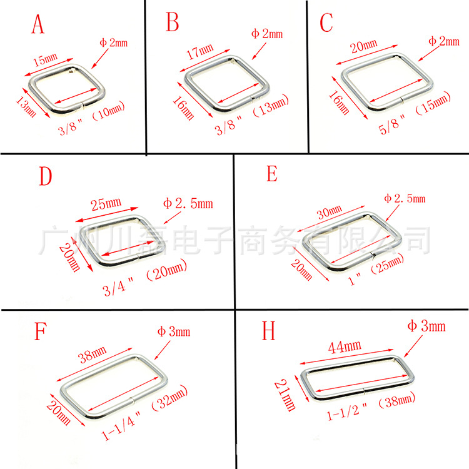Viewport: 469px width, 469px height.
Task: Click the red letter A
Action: pyautogui.click(x=38, y=24)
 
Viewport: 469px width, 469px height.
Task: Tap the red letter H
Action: pyautogui.click(x=268, y=331)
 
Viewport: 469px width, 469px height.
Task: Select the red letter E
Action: pyautogui.click(x=272, y=173)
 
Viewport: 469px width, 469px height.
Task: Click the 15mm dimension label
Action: pyautogui.click(x=45, y=60)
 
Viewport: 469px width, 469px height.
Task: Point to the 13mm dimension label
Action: pyautogui.click(x=26, y=107)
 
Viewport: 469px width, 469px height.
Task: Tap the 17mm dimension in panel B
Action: pyautogui.click(x=200, y=51)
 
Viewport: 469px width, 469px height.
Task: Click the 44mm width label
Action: pyautogui.click(x=345, y=347)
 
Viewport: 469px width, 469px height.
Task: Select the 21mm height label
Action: pyautogui.click(x=285, y=395)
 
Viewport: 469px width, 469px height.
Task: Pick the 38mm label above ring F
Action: pyautogui.click(x=92, y=355)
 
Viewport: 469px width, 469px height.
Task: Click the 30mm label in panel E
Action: pyautogui.click(x=330, y=212)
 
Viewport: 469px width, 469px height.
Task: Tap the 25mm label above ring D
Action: pyautogui.click(x=106, y=204)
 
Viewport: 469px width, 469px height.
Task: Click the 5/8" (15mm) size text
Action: pyautogui.click(x=415, y=113)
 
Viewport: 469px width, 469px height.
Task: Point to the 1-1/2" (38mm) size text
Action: pyautogui.click(x=371, y=406)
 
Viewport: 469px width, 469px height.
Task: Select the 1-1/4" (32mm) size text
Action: pyautogui.click(x=145, y=413)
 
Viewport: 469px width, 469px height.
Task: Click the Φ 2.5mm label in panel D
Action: pyautogui.click(x=188, y=204)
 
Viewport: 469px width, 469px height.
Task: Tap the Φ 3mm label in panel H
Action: pyautogui.click(x=426, y=326)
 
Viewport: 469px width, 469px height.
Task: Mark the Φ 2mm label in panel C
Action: pyautogui.click(x=444, y=41)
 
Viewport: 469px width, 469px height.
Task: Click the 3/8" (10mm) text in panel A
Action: pyautogui.click(x=91, y=118)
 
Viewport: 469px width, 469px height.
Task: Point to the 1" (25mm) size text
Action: pyautogui.click(x=376, y=269)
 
